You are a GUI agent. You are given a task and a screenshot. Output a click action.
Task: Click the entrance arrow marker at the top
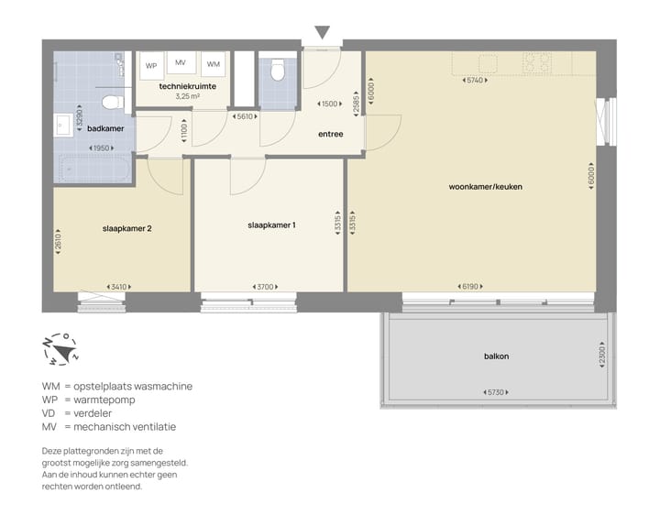coord(322,33)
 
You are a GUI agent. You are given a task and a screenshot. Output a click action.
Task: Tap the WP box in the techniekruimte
coord(151,66)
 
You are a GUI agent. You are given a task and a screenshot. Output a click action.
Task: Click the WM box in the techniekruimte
coord(213,65)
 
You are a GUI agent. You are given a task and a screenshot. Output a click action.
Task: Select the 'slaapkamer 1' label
coord(272,225)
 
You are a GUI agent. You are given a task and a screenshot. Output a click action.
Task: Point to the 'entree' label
coord(330,134)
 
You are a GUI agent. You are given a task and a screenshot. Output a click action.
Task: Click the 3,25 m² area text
coord(187,95)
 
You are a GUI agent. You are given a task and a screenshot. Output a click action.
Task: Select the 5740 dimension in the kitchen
coord(474,81)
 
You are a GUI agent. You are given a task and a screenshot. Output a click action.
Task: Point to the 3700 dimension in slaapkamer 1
coord(266,287)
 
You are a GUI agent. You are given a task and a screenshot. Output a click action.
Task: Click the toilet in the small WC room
coord(278,69)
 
